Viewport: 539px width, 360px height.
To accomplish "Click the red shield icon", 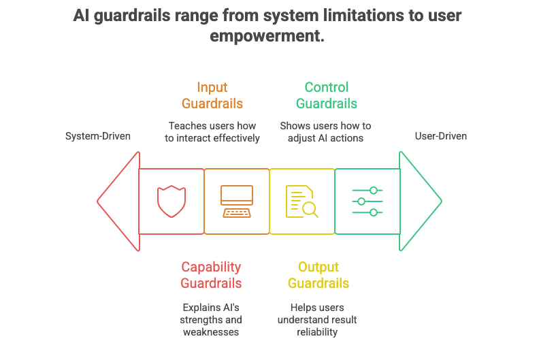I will pos(171,201).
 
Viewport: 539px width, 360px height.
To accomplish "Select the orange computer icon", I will pos(236,201).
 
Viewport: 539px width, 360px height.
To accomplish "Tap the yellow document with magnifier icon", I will pos(301,201).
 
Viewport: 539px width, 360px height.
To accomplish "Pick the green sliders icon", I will pos(367,201).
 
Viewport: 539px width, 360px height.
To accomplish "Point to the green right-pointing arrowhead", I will pos(420,201).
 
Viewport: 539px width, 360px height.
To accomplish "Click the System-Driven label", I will pos(98,136).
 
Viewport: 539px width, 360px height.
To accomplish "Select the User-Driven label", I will pos(441,136).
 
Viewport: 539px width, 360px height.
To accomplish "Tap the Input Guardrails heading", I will pos(212,95).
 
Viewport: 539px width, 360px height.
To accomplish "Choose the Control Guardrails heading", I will pos(327,95).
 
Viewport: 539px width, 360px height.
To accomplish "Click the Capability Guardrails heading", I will pos(211,275).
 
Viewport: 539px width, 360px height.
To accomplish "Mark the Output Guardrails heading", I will pos(318,275).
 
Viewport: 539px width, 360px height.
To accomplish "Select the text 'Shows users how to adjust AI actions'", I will pos(326,132).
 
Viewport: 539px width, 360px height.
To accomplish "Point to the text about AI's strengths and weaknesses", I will pos(212,319).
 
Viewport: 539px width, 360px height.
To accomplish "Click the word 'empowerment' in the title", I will pos(267,35).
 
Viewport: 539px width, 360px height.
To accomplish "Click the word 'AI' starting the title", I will pos(82,15).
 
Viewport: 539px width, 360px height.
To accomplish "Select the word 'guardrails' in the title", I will pos(134,15).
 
